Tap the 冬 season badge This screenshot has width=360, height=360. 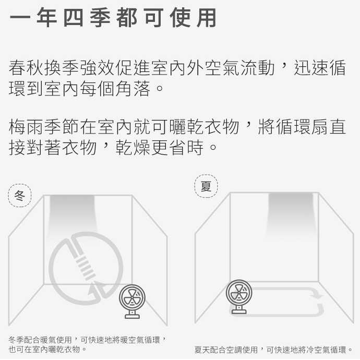(20, 196)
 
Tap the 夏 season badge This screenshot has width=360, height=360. (206, 186)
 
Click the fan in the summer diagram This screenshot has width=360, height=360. (239, 293)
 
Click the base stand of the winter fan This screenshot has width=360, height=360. (133, 315)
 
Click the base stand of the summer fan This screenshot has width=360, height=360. (239, 310)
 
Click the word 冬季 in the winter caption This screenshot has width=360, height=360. (16, 340)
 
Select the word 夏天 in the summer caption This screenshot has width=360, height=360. (201, 349)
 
